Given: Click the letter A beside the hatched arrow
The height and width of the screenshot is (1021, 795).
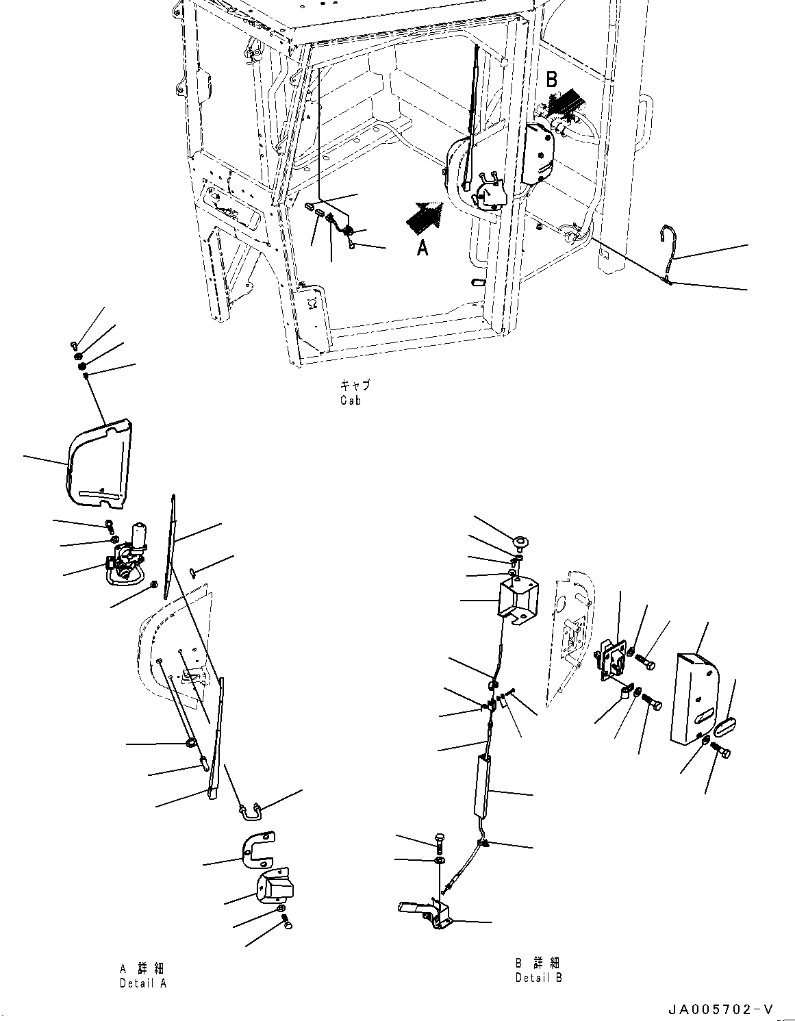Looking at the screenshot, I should [x=423, y=248].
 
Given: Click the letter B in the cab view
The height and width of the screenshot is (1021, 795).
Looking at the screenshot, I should [x=552, y=79].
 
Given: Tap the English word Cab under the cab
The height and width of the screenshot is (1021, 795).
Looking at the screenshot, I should [x=350, y=401].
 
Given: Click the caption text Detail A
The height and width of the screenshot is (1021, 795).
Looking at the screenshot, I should [x=142, y=983].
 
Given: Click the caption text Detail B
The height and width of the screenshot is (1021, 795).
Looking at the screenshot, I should [x=539, y=977].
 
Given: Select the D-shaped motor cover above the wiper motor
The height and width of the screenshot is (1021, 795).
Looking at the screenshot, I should [x=100, y=464].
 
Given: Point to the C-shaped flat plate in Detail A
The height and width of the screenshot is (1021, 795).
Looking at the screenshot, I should [x=258, y=846].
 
